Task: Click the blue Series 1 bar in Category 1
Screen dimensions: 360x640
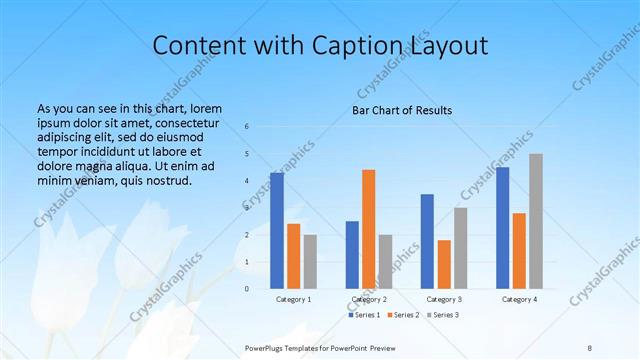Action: coord(276,231)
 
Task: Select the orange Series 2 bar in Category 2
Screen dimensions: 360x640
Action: coord(368,229)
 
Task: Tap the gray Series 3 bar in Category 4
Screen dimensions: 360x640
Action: coord(536,221)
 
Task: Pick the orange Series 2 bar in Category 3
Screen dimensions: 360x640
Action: coord(444,264)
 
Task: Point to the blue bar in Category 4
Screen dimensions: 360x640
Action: coord(503,228)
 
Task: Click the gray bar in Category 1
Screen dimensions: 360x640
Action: coord(310,262)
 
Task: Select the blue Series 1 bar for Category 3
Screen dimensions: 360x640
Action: coord(427,241)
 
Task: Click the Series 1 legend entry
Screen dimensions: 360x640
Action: coord(365,315)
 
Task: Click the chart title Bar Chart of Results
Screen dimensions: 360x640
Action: coord(402,110)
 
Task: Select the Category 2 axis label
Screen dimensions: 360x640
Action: coord(369,299)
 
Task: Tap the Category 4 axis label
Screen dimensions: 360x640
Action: coord(519,299)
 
